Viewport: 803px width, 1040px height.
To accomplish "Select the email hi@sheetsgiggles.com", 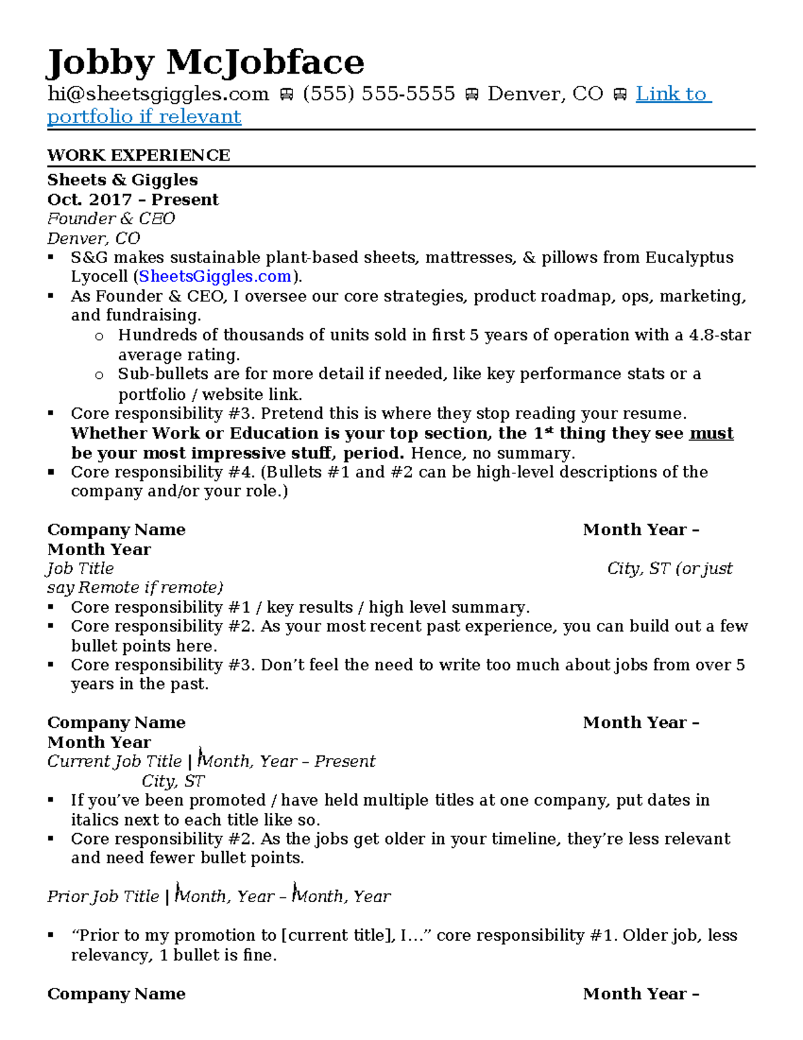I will pos(158,94).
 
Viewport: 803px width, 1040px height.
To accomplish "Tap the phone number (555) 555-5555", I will pos(379,94).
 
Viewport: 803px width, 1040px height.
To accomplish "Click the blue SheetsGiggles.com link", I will pos(215,277).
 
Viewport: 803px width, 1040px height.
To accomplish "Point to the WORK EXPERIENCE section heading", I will pos(139,155).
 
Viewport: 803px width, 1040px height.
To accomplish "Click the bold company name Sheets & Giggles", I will pos(122,179).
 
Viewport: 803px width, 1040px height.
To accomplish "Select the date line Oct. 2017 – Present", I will pos(132,200).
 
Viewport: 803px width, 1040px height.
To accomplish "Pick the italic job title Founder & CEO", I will pos(111,219).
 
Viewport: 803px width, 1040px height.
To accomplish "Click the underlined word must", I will pos(711,433).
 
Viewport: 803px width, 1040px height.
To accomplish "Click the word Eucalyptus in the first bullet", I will pos(689,258).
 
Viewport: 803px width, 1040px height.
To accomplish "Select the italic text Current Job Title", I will pos(114,761).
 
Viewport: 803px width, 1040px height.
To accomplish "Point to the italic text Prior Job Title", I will pos(103,897).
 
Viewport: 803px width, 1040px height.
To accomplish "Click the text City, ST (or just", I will pos(669,569).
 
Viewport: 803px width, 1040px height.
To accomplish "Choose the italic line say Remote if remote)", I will pos(135,588).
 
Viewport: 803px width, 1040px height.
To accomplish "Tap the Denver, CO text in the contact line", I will pos(545,94).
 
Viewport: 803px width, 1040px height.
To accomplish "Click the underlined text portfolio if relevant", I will pos(144,117).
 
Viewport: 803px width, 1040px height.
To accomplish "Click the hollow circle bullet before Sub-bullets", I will pos(99,375).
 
